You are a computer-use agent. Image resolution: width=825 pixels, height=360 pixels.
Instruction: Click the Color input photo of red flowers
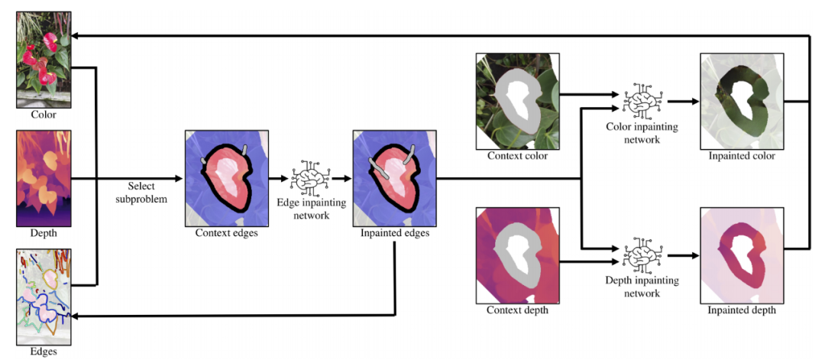click(44, 60)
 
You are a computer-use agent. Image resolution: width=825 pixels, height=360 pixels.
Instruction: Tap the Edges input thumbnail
click(44, 295)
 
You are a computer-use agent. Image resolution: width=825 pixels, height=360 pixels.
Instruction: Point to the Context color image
click(517, 100)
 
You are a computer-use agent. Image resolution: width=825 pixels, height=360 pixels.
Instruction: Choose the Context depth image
click(517, 255)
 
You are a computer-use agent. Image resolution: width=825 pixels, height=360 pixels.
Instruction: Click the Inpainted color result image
click(742, 100)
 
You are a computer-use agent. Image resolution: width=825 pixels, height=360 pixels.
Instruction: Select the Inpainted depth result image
click(742, 255)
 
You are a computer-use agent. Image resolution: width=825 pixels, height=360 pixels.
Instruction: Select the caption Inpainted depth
click(742, 310)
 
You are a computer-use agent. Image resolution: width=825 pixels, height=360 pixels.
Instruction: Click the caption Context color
click(517, 157)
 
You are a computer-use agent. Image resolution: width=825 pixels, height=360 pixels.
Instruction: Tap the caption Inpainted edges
click(394, 233)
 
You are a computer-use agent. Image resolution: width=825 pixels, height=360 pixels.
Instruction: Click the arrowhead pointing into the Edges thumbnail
click(76, 316)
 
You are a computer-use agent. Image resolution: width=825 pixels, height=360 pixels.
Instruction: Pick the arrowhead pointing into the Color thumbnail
click(76, 35)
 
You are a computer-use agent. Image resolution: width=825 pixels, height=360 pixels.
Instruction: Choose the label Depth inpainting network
click(642, 287)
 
